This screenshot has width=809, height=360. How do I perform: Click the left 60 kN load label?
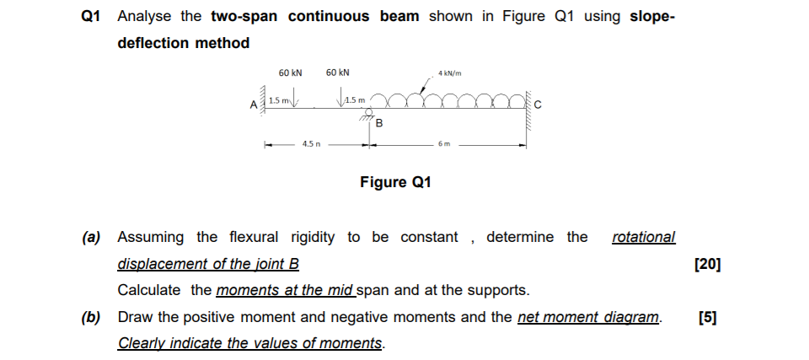[x=291, y=73]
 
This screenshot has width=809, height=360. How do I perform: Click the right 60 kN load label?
[x=338, y=73]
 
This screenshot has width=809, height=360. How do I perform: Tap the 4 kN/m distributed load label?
[x=450, y=73]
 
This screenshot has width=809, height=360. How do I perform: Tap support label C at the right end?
[x=538, y=105]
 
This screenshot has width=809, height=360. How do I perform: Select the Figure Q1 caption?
[x=395, y=182]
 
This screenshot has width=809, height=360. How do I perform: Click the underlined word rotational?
[x=643, y=237]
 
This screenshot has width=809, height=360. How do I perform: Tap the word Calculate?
[x=149, y=291]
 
